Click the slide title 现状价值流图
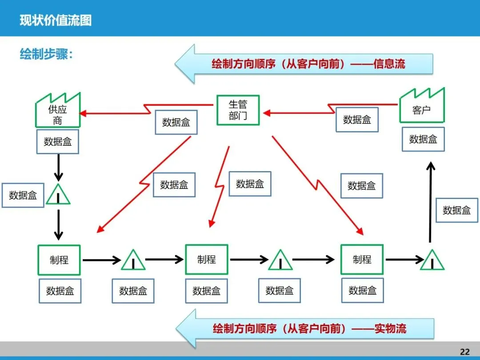pos(56,21)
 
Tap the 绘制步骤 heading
pos(46,54)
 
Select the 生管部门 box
pos(238,110)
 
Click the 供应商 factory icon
pos(58,111)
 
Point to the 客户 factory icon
pos(422,107)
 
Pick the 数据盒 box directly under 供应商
pos(58,142)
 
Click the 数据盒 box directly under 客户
pos(423,139)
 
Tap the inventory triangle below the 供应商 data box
pos(58,195)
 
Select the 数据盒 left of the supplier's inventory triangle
pos(23,195)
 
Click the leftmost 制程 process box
pos(59,260)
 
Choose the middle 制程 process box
pos(207,260)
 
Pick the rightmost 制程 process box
pos(362,260)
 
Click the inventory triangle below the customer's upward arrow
pos(432,260)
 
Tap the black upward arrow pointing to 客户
pos(430,202)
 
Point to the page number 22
pos(464,352)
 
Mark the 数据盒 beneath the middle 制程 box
pos(207,291)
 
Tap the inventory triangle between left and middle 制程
pos(133,261)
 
